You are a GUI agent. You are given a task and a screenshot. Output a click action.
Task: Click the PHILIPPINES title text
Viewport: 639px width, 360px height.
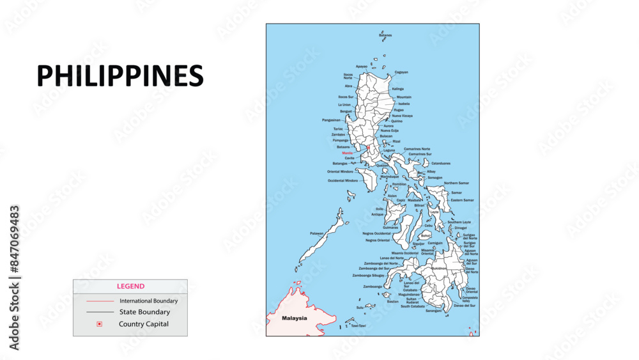120,76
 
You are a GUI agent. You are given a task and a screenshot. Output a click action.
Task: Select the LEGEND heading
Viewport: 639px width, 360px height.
130,286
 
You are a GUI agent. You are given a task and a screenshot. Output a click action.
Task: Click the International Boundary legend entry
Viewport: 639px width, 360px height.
148,301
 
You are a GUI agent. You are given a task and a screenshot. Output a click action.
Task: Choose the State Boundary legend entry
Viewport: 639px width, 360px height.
144,312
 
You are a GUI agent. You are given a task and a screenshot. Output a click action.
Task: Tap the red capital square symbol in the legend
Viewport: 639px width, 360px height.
99,324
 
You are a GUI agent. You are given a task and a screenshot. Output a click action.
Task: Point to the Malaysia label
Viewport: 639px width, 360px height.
295,318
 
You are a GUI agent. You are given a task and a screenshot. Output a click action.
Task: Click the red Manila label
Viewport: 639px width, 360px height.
347,153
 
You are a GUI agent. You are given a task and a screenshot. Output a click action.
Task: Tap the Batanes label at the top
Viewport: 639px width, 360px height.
385,35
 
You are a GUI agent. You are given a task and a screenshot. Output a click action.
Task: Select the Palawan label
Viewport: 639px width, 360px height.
317,233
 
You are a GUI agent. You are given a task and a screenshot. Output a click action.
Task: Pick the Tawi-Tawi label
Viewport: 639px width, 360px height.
358,325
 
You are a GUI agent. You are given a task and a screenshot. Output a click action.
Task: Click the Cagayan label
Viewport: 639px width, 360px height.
401,72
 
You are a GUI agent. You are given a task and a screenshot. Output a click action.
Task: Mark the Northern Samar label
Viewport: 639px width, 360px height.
456,183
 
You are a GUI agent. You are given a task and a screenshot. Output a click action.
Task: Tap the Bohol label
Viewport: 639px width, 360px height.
426,235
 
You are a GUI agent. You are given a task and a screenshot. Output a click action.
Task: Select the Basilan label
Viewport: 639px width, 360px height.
393,301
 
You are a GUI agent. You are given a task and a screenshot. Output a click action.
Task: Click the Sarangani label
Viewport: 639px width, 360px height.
433,311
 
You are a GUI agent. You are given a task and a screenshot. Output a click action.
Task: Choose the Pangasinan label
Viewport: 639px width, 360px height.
331,120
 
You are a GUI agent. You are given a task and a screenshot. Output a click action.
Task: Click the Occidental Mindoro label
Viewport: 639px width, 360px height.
343,180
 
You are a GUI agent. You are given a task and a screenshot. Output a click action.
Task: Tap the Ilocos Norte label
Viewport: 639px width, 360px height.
348,76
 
